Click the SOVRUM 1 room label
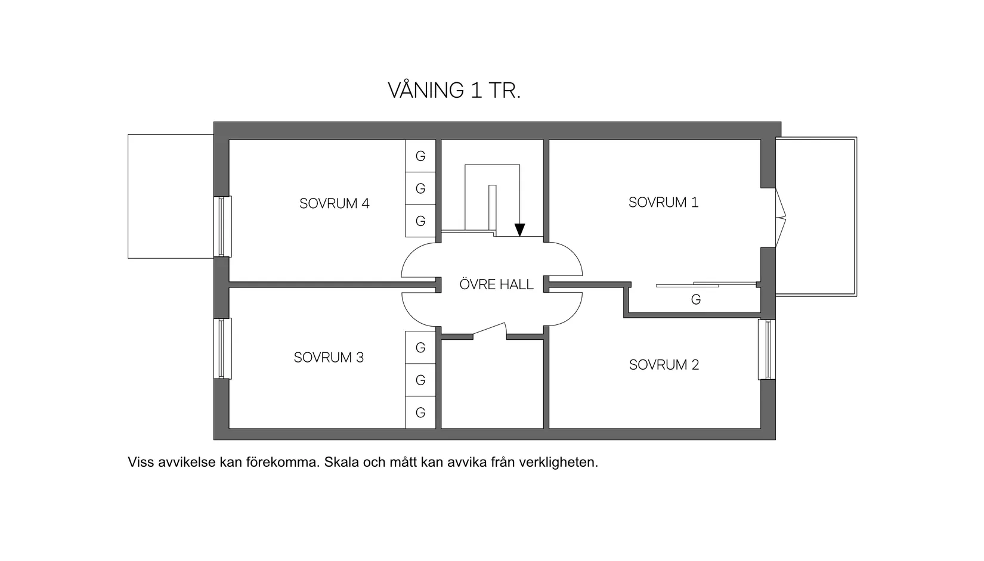point(663,202)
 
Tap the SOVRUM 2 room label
point(664,364)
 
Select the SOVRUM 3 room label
point(329,357)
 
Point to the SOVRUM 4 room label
point(334,203)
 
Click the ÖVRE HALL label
point(496,284)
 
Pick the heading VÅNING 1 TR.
point(454,90)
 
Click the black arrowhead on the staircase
point(519,230)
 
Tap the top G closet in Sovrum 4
point(420,156)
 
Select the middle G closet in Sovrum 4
point(420,188)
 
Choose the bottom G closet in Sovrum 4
point(420,221)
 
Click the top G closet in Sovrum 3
point(420,348)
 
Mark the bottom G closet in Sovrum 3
point(420,412)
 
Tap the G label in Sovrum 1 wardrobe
point(695,299)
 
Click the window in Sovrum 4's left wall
point(222,227)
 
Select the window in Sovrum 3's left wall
point(222,348)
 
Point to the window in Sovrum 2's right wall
point(767,349)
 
